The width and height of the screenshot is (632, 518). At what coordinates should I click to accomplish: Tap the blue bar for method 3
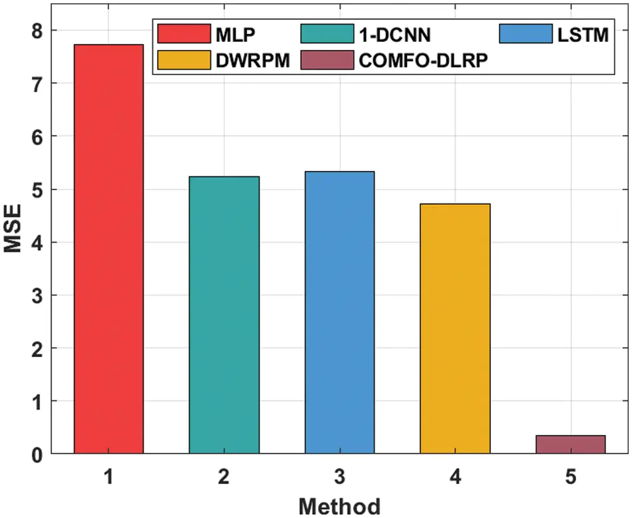coord(339,313)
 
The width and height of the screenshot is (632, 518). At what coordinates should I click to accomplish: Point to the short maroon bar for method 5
coord(570,444)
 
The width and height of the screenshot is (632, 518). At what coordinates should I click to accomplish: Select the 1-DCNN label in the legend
coord(395,35)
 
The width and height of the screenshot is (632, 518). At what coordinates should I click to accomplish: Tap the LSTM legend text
coord(583,35)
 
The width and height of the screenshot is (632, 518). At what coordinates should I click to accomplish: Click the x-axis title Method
coord(339,505)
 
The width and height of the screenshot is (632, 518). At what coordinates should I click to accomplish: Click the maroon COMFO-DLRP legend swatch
coord(326,60)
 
